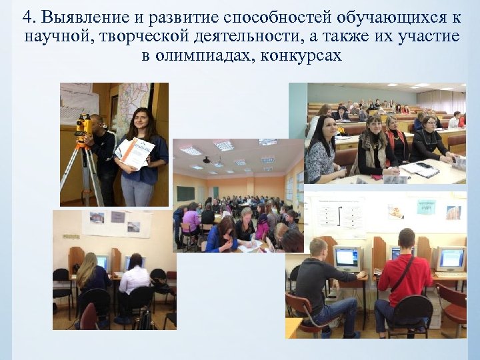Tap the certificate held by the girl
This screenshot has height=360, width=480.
(x=136, y=153)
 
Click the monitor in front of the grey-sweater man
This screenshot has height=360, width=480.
(x=347, y=257)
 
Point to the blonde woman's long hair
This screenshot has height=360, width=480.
(x=87, y=269)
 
